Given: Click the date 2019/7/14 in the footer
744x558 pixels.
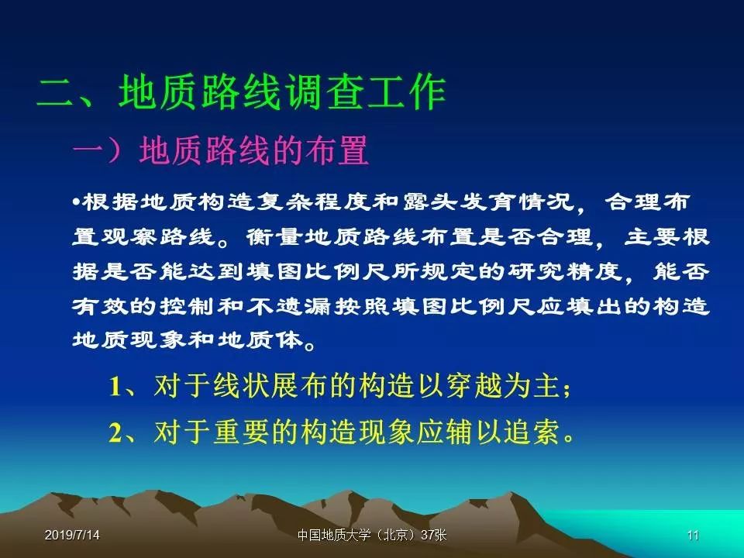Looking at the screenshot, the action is (72, 536).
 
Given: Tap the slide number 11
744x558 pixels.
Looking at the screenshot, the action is (693, 536).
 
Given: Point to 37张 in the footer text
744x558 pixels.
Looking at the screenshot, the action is (434, 536).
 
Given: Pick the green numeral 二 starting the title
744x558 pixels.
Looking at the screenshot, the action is (56, 93).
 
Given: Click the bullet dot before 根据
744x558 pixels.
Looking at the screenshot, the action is (76, 202).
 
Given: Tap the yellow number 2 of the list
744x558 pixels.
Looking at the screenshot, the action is (115, 432).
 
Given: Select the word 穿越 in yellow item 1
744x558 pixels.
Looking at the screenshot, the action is (473, 385).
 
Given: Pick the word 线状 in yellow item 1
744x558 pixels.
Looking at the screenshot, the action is (242, 385).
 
